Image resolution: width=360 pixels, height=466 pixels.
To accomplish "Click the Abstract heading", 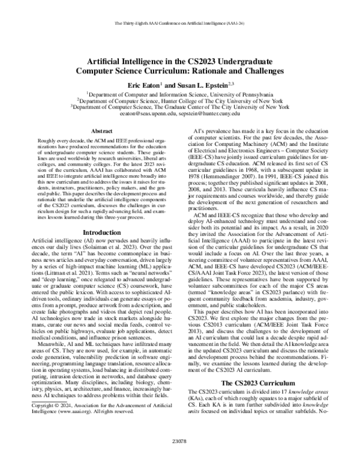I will pos(100,130).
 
